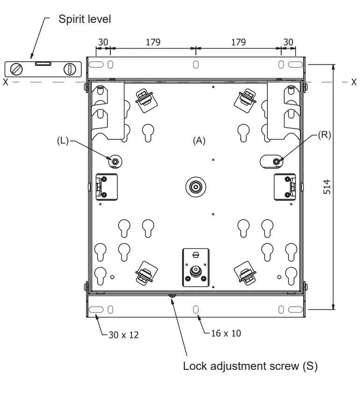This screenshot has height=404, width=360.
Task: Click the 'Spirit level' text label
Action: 85,19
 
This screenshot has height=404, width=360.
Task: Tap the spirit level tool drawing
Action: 43,69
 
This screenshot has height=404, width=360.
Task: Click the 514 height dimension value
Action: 327,187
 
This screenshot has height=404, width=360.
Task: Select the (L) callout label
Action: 63,140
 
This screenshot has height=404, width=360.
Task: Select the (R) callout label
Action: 324,135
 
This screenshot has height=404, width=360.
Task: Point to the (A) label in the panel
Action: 199,140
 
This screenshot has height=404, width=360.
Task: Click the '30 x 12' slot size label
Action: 123,335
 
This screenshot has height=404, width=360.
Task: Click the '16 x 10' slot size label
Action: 226,333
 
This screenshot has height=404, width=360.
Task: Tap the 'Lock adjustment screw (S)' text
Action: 250,366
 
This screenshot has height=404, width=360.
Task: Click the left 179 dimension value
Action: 153,42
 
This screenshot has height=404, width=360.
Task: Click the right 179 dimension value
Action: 238,42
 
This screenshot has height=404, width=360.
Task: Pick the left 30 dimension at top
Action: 102,42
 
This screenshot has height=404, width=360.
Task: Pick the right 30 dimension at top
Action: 288,42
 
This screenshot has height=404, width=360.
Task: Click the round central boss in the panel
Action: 195,187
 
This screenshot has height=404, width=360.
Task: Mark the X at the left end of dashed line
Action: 5,82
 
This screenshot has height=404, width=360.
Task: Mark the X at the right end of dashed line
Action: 354,82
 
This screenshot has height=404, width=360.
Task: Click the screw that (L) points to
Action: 115,162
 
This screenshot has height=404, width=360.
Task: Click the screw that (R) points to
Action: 276,161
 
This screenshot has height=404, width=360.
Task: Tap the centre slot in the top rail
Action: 195,64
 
